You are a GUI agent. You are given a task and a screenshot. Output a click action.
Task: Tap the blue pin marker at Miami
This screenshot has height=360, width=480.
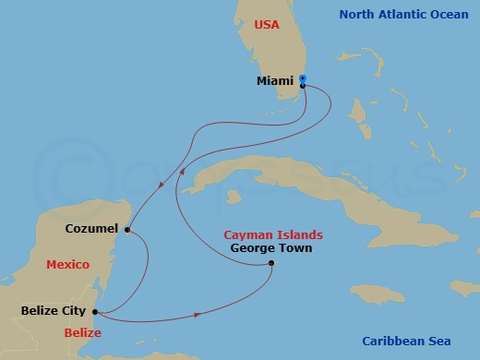tap(303, 79)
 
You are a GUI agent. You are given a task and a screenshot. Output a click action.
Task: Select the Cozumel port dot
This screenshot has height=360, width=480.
tap(127, 230)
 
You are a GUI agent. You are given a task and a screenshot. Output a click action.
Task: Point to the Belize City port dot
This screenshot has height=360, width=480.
tap(95, 311)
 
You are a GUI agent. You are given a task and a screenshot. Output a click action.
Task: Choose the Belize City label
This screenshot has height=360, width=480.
tap(54, 311)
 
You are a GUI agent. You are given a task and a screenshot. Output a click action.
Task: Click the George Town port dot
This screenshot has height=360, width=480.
tap(270, 264)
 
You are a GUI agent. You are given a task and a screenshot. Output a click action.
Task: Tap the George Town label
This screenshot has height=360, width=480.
tap(270, 248)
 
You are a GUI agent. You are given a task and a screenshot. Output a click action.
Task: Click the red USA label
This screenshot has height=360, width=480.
tap(267, 24)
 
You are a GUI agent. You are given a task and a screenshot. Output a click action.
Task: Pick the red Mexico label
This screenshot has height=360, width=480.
tap(67, 265)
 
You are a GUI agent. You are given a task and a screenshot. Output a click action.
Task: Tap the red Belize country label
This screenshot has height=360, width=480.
tap(82, 330)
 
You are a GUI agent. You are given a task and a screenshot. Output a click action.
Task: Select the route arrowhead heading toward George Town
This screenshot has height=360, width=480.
tap(198, 316)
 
